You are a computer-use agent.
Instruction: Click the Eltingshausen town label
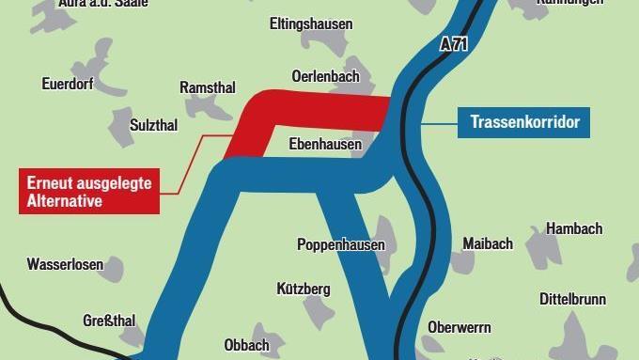[310, 23]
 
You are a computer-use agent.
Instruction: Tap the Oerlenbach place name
[323, 75]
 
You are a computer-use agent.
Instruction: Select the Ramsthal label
[208, 87]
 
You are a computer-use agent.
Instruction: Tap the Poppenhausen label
[341, 244]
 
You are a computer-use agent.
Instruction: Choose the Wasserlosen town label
[65, 264]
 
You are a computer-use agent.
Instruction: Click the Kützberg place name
[304, 289]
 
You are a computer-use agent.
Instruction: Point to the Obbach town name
[246, 345]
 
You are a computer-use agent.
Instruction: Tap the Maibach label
[488, 244]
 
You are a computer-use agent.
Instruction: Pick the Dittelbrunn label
[572, 299]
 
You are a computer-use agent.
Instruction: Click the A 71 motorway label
[454, 43]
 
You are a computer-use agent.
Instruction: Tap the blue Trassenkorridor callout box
[524, 122]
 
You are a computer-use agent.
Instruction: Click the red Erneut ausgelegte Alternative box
[88, 191]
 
